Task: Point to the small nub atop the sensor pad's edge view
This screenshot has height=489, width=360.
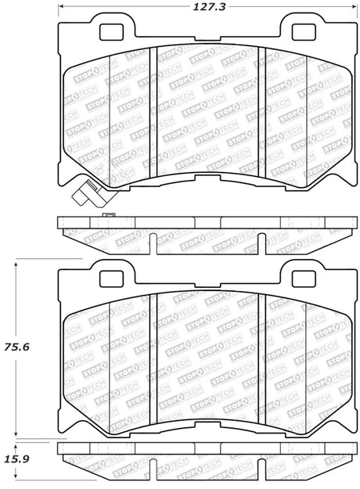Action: tap(108, 215)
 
